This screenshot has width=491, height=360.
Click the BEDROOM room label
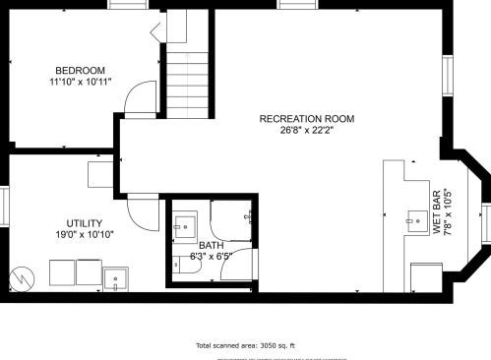tap(81, 70)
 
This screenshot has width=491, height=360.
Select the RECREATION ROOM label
tap(306, 119)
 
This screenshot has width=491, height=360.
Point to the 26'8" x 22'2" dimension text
tap(306, 131)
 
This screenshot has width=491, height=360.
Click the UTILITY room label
tap(85, 223)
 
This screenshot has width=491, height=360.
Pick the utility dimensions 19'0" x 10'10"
tap(85, 235)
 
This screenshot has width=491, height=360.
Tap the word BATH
tap(211, 246)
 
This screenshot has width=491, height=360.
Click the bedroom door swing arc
tap(145, 97)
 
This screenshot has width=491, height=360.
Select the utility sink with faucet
tap(116, 279)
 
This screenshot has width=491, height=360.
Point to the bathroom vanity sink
tap(183, 228)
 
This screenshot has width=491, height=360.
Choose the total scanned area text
tap(246, 345)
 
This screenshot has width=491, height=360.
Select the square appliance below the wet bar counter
tap(426, 277)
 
